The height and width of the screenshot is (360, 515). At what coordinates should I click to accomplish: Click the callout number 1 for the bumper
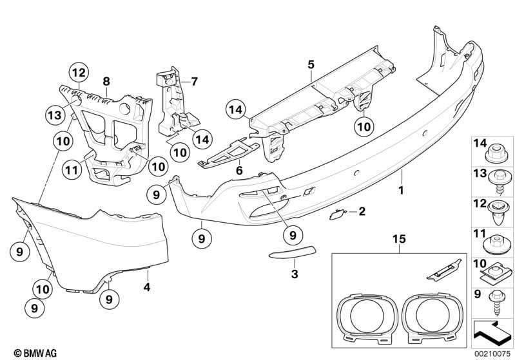[401, 190]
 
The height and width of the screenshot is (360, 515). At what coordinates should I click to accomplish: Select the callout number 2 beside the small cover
[362, 211]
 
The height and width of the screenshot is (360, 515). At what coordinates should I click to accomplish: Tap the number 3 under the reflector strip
[295, 274]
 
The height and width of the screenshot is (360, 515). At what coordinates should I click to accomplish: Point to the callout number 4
[147, 287]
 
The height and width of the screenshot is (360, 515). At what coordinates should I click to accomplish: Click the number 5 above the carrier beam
[311, 64]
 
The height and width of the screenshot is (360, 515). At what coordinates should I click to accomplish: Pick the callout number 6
[239, 170]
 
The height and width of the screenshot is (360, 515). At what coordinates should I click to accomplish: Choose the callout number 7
[195, 81]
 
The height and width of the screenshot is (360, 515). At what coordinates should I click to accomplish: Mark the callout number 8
[106, 81]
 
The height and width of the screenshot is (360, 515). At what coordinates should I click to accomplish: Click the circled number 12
[79, 73]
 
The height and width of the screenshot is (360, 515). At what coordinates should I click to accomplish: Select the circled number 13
[55, 115]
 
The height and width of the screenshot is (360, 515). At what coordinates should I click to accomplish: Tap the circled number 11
[72, 169]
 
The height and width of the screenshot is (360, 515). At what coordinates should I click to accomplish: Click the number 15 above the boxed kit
[400, 239]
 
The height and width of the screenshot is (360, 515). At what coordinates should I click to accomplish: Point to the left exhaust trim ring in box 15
[367, 317]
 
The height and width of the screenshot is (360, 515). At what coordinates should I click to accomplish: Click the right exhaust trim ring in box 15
[432, 317]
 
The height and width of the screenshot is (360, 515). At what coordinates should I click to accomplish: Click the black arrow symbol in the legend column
[492, 333]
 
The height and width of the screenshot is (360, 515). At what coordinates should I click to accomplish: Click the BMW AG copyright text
[35, 353]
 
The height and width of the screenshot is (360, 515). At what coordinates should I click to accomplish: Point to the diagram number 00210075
[492, 354]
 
